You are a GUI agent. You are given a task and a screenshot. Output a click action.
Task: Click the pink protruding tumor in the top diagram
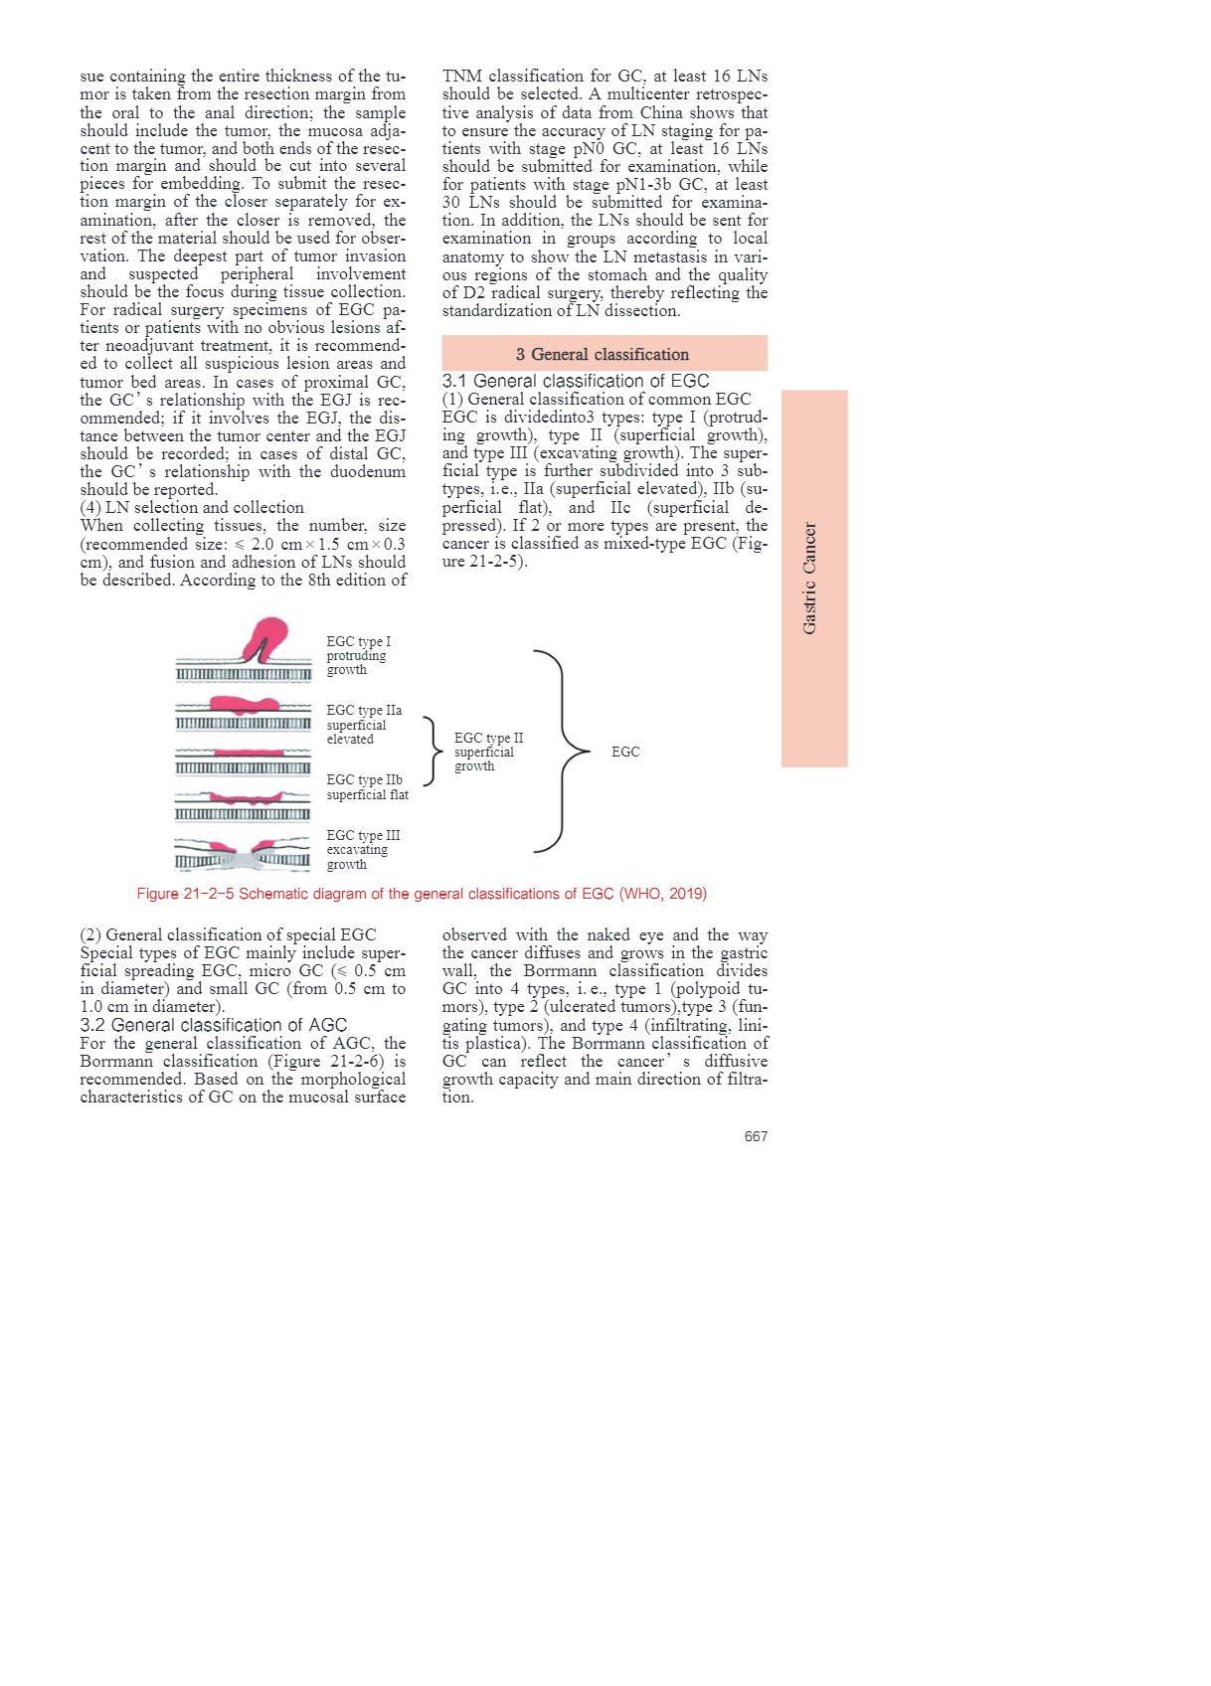coord(265,636)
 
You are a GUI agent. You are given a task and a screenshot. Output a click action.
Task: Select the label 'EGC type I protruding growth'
coord(358,656)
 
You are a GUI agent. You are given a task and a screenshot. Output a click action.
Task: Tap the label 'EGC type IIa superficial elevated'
coord(364,725)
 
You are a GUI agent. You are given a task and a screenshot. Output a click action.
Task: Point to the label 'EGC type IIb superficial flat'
coord(367,787)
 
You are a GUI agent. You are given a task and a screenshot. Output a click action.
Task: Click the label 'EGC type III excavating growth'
coord(363,850)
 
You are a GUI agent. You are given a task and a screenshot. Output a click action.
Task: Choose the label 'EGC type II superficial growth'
coord(488,752)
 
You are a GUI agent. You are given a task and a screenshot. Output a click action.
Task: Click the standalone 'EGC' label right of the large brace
coord(625,752)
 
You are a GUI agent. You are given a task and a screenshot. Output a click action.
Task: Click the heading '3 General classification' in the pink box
coord(603,354)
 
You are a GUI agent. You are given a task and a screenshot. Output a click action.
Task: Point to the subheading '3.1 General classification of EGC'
coord(576,381)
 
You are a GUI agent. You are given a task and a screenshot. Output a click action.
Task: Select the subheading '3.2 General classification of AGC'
coord(214,1025)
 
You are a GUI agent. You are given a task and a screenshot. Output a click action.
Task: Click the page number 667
coord(756,1136)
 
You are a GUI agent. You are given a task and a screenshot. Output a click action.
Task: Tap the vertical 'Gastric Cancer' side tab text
coord(810,579)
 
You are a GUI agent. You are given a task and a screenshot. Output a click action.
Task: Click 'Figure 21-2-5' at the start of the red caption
coord(185,894)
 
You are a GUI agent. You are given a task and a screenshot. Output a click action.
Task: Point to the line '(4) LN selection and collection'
coord(192,507)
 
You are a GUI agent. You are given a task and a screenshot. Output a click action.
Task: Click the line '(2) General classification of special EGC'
coord(229,934)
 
